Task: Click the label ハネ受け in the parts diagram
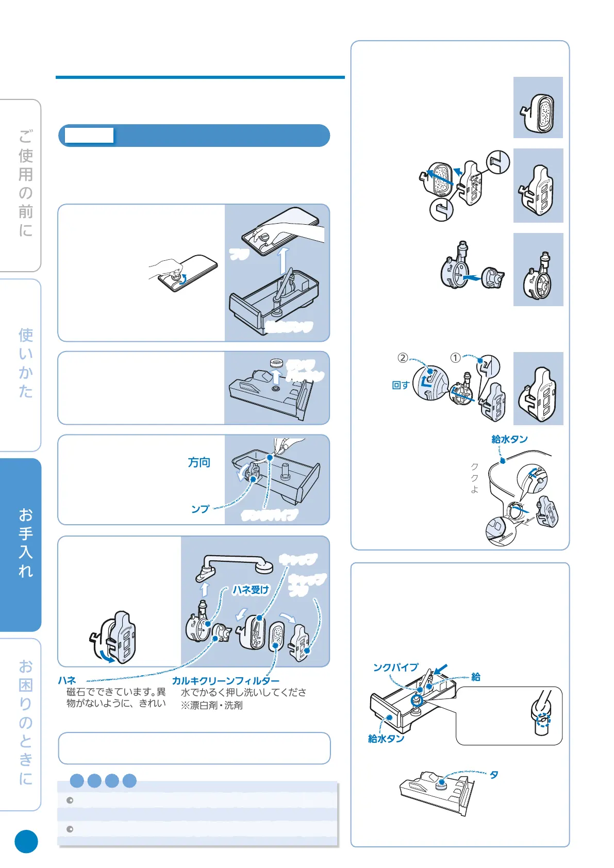(251, 590)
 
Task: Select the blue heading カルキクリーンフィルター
(225, 681)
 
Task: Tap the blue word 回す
(400, 386)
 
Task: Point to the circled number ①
(455, 358)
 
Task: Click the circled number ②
(403, 358)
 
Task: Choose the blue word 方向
(199, 462)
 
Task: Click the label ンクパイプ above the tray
(395, 667)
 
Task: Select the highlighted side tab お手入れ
(25, 543)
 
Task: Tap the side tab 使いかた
(25, 363)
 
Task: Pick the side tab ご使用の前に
(25, 183)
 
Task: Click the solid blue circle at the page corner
(26, 841)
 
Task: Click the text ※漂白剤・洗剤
(211, 705)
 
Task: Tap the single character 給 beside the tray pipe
(476, 677)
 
